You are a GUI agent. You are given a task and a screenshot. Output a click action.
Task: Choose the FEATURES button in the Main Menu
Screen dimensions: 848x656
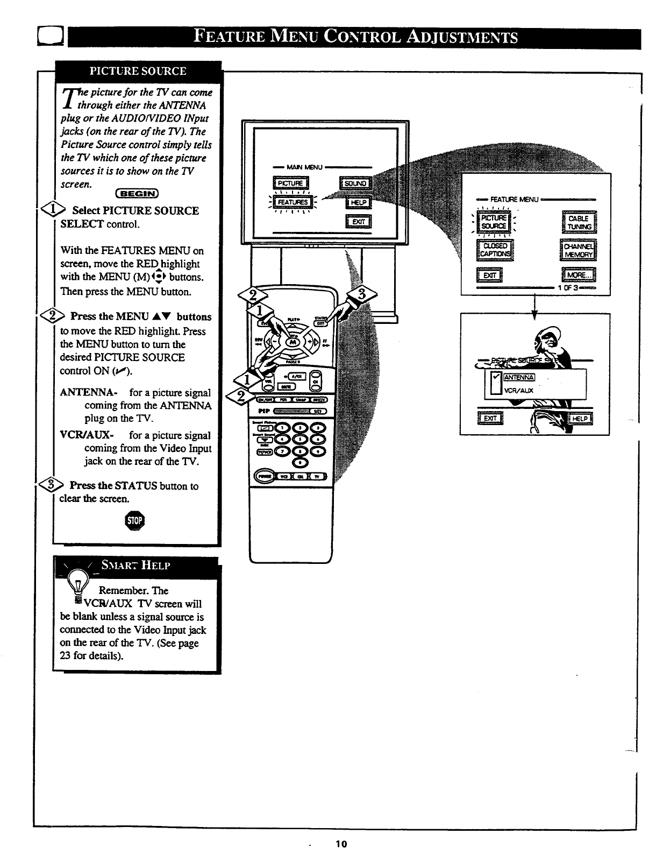[293, 202]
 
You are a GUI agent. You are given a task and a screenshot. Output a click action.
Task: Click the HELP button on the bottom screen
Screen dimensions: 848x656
[580, 419]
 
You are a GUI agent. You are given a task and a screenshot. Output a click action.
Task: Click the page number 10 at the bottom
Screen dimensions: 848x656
[341, 843]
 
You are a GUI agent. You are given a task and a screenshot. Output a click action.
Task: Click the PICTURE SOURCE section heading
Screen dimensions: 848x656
[138, 71]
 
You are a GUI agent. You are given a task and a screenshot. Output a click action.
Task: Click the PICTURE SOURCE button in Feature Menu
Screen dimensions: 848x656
[494, 222]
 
